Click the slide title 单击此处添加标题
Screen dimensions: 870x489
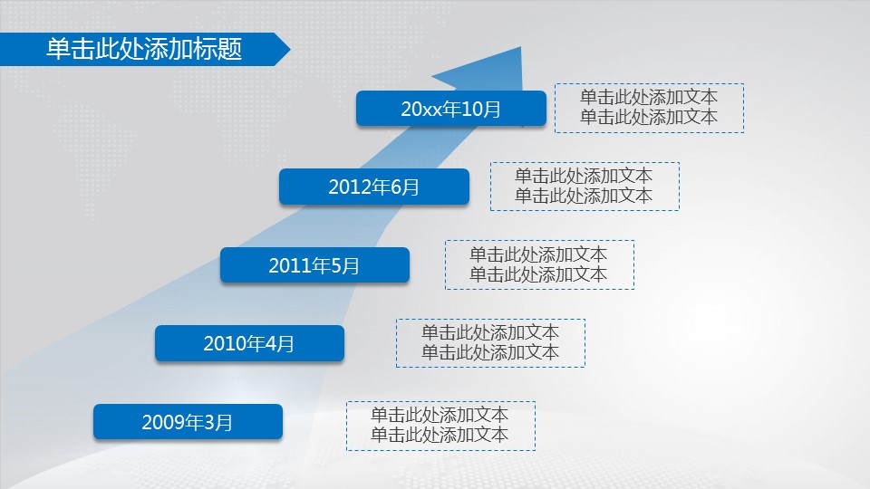pyautogui.click(x=144, y=49)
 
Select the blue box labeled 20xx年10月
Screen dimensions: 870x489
pyautogui.click(x=451, y=108)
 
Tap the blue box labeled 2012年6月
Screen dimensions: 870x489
pyautogui.click(x=374, y=187)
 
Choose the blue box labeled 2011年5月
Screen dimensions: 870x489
pyautogui.click(x=314, y=265)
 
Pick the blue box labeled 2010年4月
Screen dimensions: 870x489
pyautogui.click(x=249, y=343)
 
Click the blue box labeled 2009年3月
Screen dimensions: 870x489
pyautogui.click(x=188, y=422)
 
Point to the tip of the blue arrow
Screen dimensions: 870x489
pyautogui.click(x=521, y=47)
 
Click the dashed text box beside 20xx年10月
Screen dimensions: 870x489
pyautogui.click(x=649, y=108)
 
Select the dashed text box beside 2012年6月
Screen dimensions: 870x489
pyautogui.click(x=585, y=187)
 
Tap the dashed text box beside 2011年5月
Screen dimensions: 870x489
pyautogui.click(x=539, y=264)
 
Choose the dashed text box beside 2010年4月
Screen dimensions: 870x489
pyautogui.click(x=490, y=342)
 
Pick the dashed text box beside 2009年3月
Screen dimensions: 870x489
pyautogui.click(x=441, y=426)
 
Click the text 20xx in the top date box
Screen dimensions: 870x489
pyautogui.click(x=419, y=110)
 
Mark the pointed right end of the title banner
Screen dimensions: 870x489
pyautogui.click(x=290, y=49)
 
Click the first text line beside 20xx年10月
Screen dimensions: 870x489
pyautogui.click(x=649, y=97)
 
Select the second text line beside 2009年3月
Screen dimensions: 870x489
pyautogui.click(x=440, y=435)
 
